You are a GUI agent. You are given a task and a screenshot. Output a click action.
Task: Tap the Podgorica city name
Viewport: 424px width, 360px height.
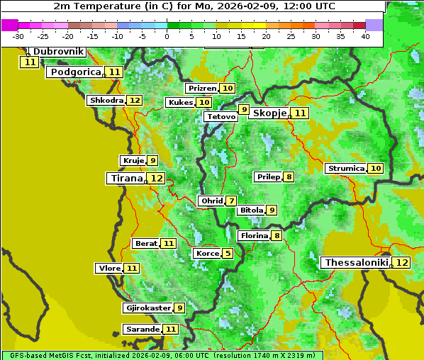click(74, 72)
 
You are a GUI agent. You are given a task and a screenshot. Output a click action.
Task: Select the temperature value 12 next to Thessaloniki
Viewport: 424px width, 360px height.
click(401, 263)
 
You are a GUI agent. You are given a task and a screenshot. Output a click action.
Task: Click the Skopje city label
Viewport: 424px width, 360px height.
click(269, 113)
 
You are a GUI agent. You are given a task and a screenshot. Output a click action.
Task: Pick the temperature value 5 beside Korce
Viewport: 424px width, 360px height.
click(228, 254)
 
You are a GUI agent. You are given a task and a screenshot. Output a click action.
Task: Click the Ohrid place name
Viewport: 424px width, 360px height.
click(211, 201)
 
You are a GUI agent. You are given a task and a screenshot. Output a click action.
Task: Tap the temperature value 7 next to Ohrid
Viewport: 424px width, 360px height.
click(231, 201)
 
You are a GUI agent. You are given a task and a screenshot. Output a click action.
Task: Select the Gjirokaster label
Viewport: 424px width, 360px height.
click(147, 308)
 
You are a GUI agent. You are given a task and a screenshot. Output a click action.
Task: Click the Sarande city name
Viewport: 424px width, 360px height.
click(142, 330)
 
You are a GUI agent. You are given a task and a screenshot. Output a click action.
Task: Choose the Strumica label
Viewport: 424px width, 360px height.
click(346, 169)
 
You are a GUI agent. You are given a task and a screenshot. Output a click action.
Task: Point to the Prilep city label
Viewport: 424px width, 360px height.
click(269, 176)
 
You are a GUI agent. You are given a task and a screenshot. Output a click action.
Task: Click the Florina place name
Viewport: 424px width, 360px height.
click(255, 235)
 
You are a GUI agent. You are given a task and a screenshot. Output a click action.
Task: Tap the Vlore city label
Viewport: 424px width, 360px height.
click(108, 269)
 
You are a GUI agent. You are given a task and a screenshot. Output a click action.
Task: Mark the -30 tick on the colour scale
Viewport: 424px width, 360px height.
click(18, 36)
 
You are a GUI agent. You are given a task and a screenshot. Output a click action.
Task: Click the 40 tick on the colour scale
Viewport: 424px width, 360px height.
click(365, 36)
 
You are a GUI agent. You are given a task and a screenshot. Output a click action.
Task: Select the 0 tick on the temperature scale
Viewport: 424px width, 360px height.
click(167, 36)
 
